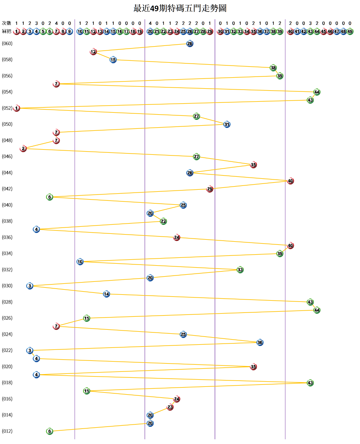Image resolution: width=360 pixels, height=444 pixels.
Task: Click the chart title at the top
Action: point(180,8)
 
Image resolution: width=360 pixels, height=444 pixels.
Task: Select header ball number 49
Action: point(350,31)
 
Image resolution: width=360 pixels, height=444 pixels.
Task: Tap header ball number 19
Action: point(140,31)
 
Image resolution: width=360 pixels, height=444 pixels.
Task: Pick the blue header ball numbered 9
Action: point(70,31)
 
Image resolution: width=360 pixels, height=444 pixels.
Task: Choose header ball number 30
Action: point(220,31)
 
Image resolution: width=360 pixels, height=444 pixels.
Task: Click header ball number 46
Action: point(330,31)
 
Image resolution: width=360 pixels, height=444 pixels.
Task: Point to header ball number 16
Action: point(120,31)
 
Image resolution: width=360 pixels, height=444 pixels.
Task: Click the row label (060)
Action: point(7,44)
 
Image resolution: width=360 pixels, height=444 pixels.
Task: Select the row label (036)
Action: point(7,237)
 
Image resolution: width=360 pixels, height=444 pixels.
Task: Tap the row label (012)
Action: point(7,431)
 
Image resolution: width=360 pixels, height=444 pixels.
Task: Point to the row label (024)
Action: point(7,334)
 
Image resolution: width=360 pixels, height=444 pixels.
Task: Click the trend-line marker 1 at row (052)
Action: point(17,108)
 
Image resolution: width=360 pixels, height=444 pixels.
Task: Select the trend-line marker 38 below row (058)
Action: point(273,68)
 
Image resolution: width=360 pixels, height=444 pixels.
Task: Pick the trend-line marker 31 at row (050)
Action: point(227,124)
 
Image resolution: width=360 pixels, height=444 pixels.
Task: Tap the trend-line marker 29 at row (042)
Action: point(210,189)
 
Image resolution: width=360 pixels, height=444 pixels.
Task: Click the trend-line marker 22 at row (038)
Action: point(163,221)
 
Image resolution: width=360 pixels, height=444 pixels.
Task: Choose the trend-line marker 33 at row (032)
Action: point(240,270)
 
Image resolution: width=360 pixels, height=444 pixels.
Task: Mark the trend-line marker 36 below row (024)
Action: point(260,342)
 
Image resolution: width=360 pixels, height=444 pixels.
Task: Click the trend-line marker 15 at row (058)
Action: point(113,60)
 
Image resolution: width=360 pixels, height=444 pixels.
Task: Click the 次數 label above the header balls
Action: point(7,23)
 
